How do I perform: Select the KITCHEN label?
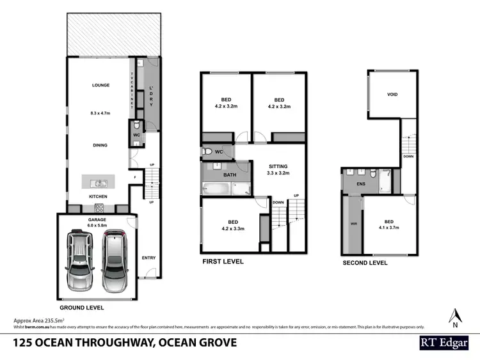coord(98,196)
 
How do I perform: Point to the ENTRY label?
coord(148,258)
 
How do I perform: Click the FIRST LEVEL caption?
coord(223,262)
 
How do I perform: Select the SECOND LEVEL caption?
coord(365,262)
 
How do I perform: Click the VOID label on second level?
coord(392,95)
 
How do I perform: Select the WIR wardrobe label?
coord(353,224)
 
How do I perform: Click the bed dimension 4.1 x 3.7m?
coord(388,227)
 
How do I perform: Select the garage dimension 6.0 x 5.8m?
coord(97,226)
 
